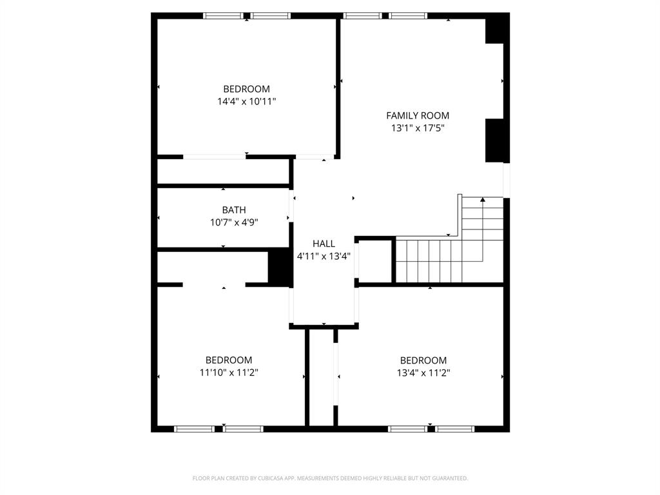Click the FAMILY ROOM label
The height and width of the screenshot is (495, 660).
pyautogui.click(x=418, y=115)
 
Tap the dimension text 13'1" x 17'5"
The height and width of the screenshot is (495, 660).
pyautogui.click(x=418, y=128)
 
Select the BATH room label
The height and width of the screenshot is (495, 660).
pyautogui.click(x=234, y=210)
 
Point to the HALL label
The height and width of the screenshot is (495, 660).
pyautogui.click(x=324, y=244)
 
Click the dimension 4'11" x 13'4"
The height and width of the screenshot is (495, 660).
pyautogui.click(x=324, y=256)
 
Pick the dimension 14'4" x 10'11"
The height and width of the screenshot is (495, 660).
pyautogui.click(x=247, y=101)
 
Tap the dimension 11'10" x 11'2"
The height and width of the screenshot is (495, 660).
pyautogui.click(x=229, y=373)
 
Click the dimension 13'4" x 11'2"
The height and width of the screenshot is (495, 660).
pyautogui.click(x=423, y=373)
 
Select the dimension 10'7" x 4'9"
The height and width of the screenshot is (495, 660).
pyautogui.click(x=234, y=222)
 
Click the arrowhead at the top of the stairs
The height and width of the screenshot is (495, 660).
pyautogui.click(x=483, y=200)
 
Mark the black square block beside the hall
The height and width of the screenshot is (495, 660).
pyautogui.click(x=280, y=266)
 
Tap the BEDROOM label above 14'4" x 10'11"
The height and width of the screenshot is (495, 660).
pyautogui.click(x=247, y=89)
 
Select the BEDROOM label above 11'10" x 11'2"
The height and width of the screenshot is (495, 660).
pyautogui.click(x=229, y=360)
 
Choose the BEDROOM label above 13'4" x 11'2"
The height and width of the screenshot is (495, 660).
pyautogui.click(x=423, y=360)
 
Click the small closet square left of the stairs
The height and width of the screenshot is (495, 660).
pyautogui.click(x=375, y=260)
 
